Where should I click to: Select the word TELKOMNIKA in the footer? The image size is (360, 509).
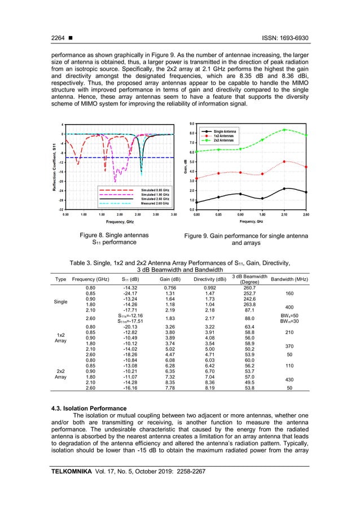tap(70, 472)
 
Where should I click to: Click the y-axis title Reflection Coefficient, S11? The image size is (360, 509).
tap(52, 166)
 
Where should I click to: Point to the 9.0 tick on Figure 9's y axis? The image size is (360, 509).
tap(192, 124)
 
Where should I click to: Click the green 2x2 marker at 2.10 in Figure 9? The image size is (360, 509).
tap(285, 130)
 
